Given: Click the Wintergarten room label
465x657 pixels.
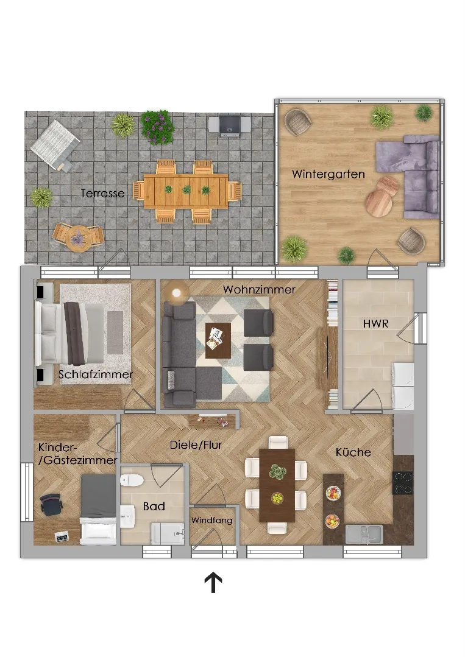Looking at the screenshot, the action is (x=328, y=174).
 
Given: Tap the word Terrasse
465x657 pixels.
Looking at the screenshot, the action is (x=103, y=193).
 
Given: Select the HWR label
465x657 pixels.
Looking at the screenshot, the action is (x=375, y=323).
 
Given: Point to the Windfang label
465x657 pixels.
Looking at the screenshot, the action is (x=211, y=521).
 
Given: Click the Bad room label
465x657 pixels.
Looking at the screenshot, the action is (x=154, y=506).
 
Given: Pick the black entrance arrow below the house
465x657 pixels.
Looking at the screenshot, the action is (x=213, y=583).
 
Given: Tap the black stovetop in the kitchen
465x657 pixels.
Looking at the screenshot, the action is (x=402, y=483).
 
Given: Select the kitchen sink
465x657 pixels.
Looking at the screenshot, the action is (x=364, y=535).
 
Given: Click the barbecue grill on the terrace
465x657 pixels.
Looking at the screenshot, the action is (x=229, y=125).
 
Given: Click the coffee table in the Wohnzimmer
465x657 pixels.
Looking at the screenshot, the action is (x=218, y=340).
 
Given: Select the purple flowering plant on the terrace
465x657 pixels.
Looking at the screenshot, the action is (x=157, y=127).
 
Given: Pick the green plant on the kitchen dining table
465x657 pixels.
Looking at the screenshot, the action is (x=277, y=471).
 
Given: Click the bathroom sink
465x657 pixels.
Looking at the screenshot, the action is (x=127, y=516).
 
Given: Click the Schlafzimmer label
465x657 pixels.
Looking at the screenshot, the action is (x=96, y=374).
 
